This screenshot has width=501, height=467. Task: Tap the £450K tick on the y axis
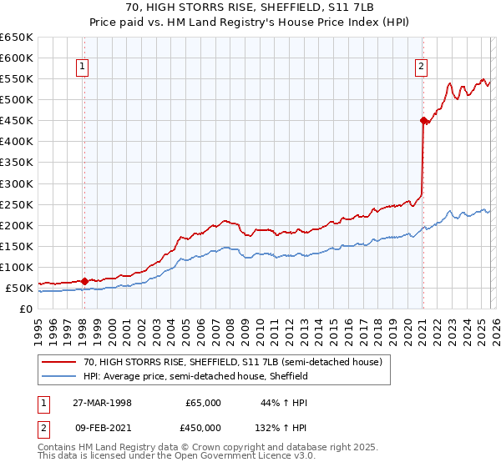pyautogui.click(x=16, y=121)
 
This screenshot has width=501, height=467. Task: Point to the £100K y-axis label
pyautogui.click(x=16, y=268)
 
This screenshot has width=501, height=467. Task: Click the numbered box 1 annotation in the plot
pyautogui.click(x=83, y=68)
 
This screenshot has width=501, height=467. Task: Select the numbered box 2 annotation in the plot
pyautogui.click(x=422, y=68)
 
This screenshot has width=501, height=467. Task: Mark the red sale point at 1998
pyautogui.click(x=84, y=281)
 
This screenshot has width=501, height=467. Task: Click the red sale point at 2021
pyautogui.click(x=423, y=120)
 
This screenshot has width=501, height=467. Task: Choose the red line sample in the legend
pyautogui.click(x=60, y=362)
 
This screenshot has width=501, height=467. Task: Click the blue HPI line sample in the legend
pyautogui.click(x=60, y=377)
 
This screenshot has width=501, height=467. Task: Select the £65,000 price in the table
pyautogui.click(x=203, y=403)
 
